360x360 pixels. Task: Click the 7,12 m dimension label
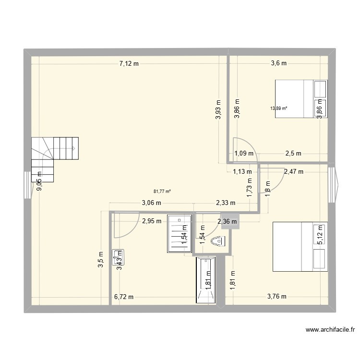[x=129, y=63]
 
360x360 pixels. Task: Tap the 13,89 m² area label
[x=279, y=108]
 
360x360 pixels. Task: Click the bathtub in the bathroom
[x=206, y=280]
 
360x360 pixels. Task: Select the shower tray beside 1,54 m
[x=179, y=234]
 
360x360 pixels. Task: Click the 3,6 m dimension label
[x=278, y=63]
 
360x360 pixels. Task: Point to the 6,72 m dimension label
[x=123, y=297]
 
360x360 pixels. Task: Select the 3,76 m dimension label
[x=276, y=297]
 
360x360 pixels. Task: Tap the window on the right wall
[x=333, y=182]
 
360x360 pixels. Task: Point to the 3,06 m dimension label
[x=151, y=203]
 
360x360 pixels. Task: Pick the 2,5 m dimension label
[x=293, y=154]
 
